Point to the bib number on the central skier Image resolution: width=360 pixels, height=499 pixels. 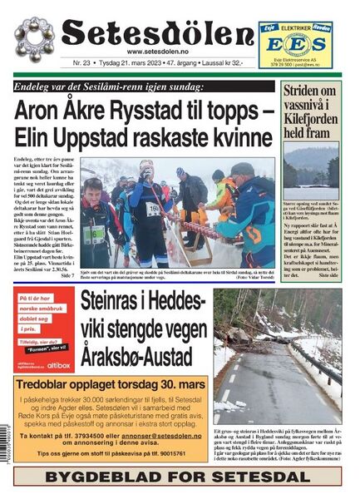(154, 210)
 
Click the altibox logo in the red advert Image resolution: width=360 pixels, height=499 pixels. (59, 364)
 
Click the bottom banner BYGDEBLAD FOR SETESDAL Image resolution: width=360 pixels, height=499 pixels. (178, 477)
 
